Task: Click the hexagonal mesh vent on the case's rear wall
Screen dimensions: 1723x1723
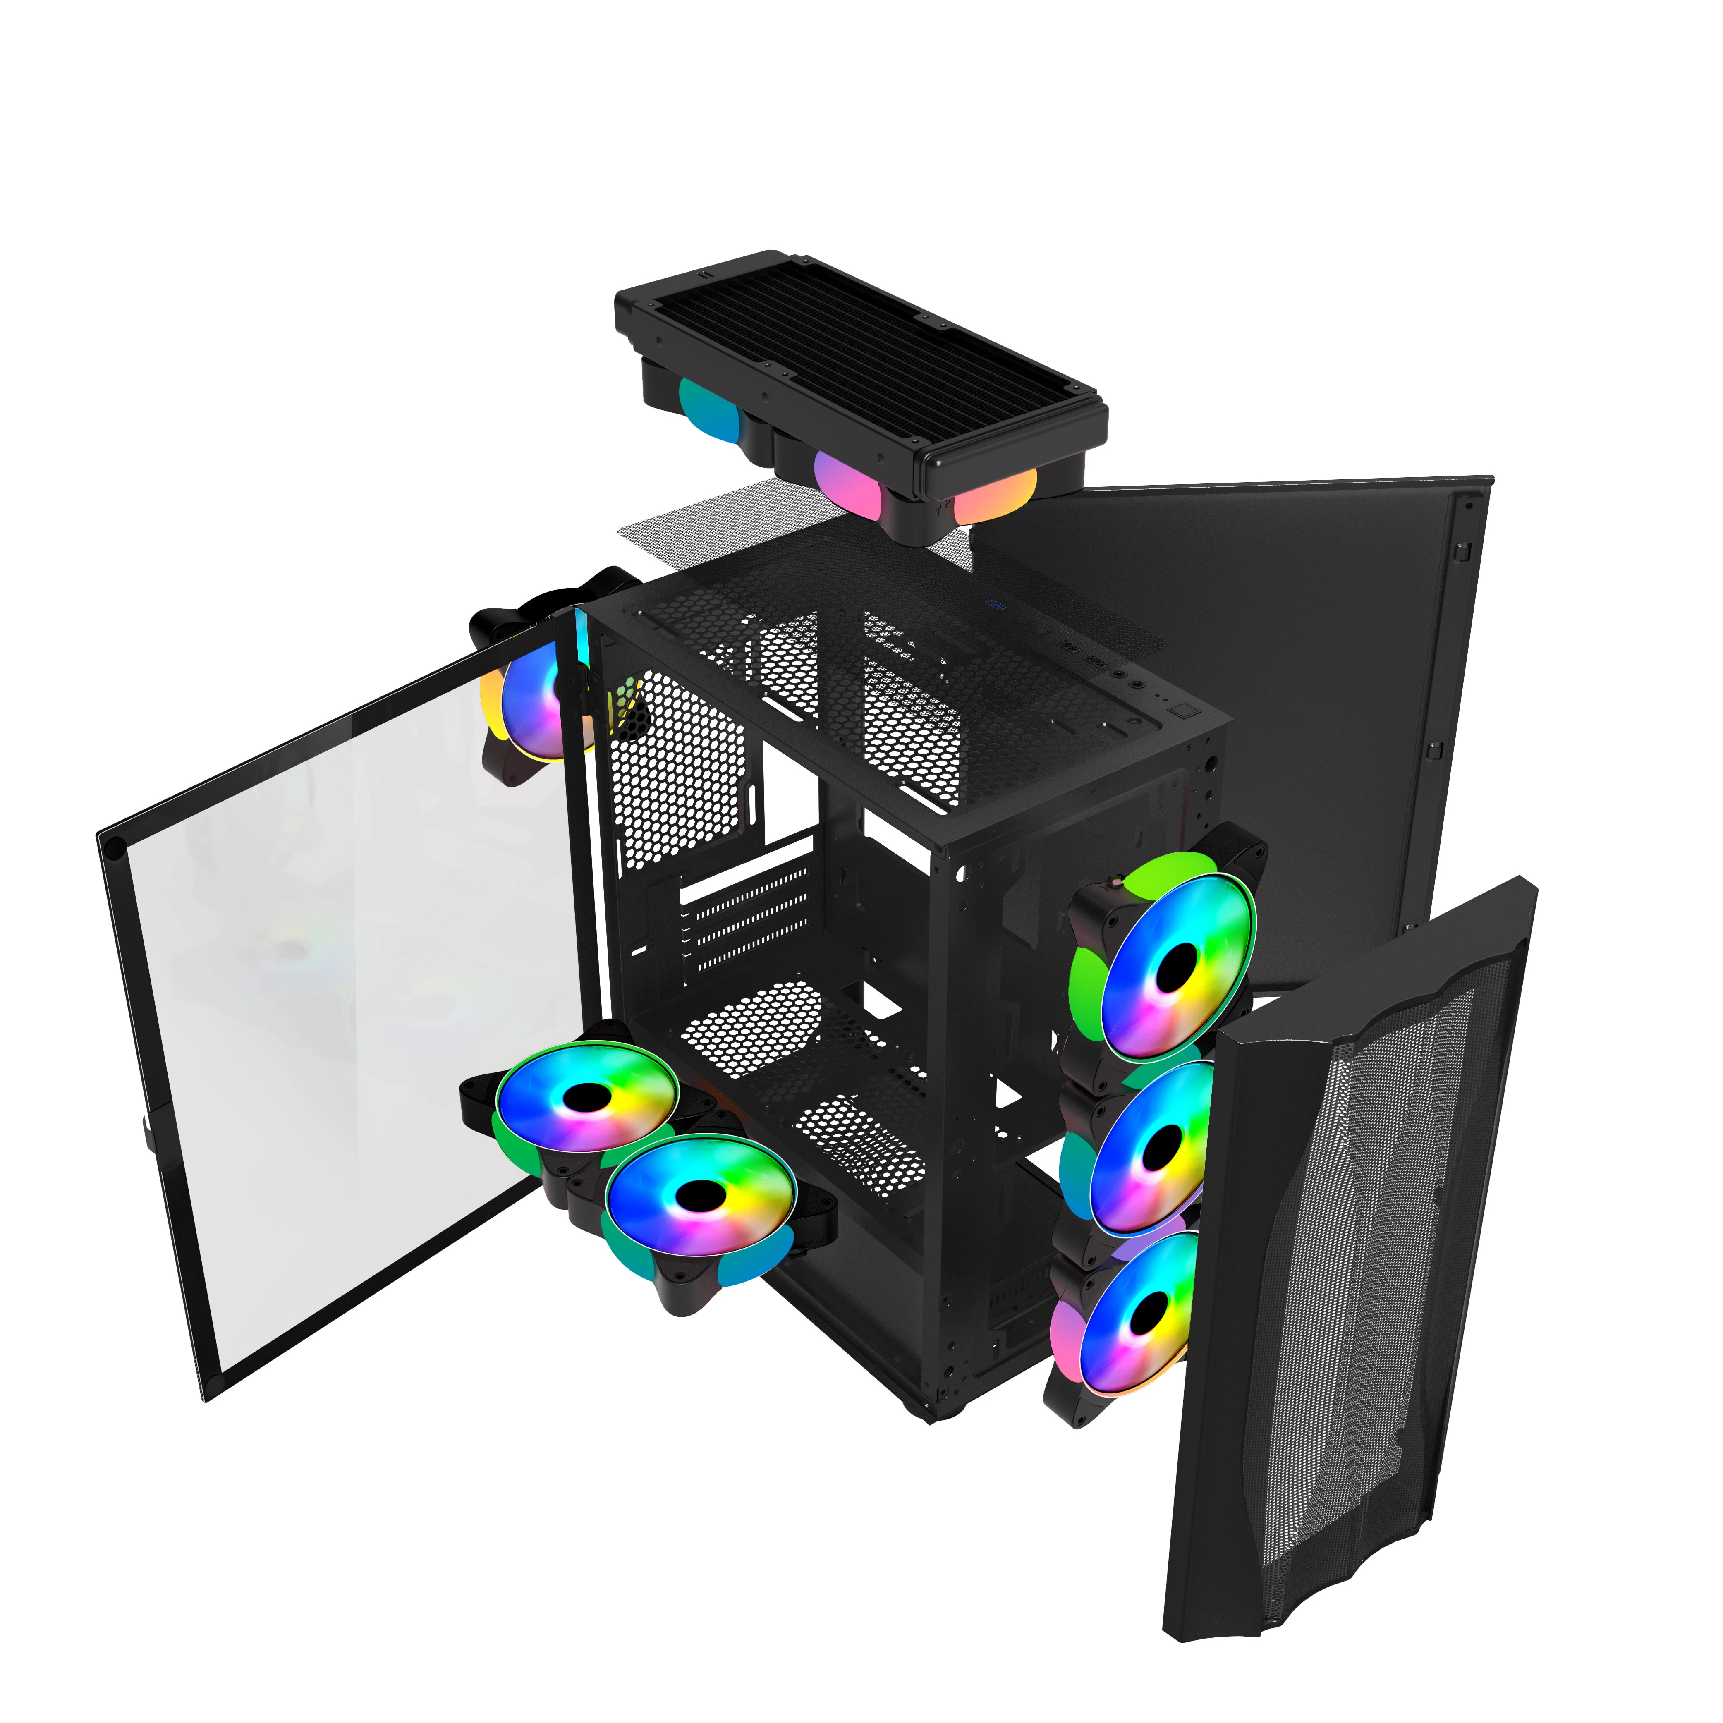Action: coord(678,767)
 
